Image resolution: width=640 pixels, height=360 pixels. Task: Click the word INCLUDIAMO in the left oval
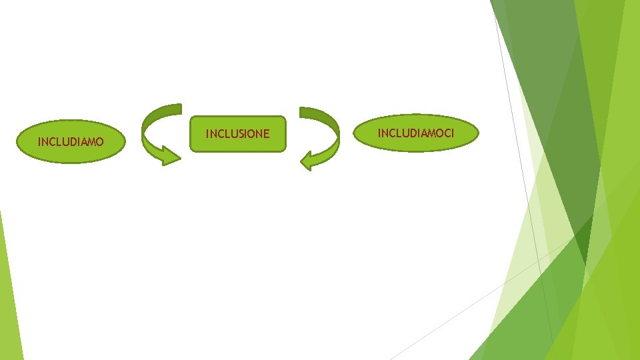(x=71, y=141)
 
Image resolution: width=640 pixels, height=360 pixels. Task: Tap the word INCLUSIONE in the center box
(x=237, y=134)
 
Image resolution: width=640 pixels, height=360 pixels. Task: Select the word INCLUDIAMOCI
(x=416, y=133)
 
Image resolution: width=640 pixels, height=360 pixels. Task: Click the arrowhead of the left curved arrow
(x=172, y=159)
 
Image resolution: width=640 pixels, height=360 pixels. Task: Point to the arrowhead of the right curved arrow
(x=307, y=161)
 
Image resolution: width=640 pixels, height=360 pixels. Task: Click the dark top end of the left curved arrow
(x=175, y=109)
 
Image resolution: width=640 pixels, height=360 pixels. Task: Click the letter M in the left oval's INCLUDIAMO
(x=90, y=141)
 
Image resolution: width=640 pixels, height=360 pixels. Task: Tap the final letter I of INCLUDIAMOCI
(x=453, y=133)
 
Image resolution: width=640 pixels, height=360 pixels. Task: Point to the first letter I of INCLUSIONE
(x=207, y=134)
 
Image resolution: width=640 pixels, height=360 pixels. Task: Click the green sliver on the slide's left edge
(x=8, y=293)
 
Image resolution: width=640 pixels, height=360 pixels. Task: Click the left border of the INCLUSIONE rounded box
(x=191, y=134)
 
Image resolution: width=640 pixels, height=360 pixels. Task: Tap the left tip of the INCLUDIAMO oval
(x=17, y=142)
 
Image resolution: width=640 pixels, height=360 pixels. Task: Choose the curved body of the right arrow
(x=333, y=137)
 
